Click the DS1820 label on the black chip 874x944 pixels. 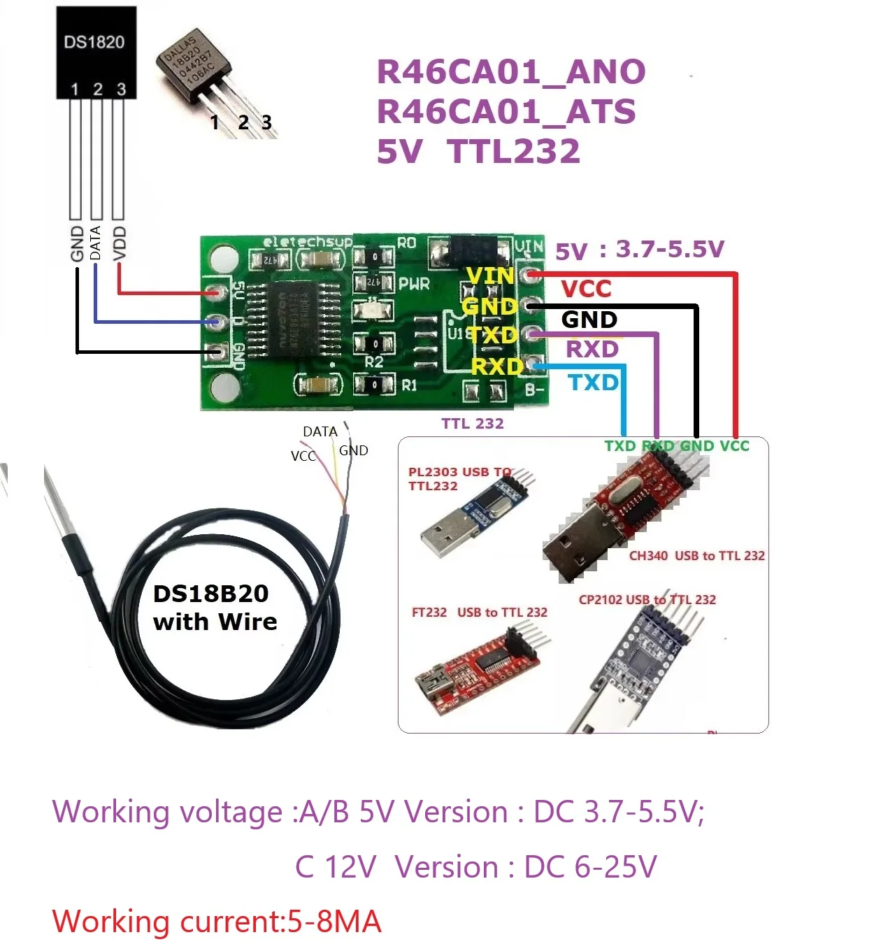[94, 42]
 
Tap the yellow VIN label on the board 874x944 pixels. [490, 276]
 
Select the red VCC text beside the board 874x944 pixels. [586, 289]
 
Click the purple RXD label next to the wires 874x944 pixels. [592, 349]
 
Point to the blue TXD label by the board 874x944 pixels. [593, 382]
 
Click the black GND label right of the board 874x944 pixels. [589, 320]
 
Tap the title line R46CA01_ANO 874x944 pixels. [511, 72]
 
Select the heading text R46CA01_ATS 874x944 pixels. [506, 112]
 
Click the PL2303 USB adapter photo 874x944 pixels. [475, 517]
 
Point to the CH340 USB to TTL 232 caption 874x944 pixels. [696, 556]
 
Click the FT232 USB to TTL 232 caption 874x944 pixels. [479, 613]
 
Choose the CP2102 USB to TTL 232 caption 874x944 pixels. [647, 599]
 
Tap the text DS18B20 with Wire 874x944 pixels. [214, 608]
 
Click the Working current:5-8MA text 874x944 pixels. [217, 922]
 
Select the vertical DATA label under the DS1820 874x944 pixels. [96, 243]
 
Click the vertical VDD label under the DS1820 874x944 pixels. [120, 243]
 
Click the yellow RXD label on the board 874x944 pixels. [497, 366]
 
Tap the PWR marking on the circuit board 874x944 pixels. [414, 285]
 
